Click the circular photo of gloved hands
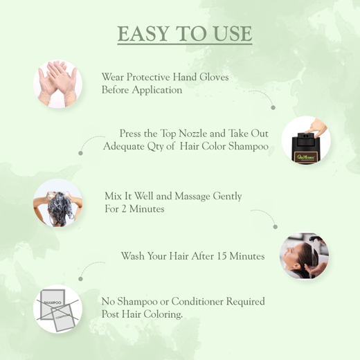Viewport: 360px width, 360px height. pyautogui.click(x=57, y=84)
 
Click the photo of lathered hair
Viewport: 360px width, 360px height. pyautogui.click(x=57, y=204)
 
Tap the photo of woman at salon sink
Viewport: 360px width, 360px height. pyautogui.click(x=303, y=257)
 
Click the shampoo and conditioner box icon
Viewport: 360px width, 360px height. pyautogui.click(x=57, y=309)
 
